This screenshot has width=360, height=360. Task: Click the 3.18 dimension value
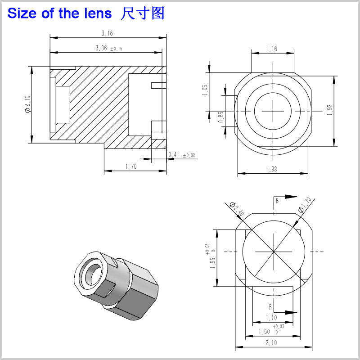[x=107, y=33]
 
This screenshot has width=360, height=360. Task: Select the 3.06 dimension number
[x=101, y=48]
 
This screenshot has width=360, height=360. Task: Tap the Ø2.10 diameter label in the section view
[x=27, y=104]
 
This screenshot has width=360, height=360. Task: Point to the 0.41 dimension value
[x=174, y=154]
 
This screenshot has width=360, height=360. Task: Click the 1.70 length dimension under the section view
[x=131, y=166]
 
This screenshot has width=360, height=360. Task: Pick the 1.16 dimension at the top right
[x=271, y=49]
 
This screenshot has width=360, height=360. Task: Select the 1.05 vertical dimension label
[x=205, y=90]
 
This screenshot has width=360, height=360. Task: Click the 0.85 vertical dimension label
[x=221, y=117]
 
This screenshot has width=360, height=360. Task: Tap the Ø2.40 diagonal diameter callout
[x=237, y=209]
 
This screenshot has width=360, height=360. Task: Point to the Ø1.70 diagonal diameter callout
[x=305, y=205]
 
